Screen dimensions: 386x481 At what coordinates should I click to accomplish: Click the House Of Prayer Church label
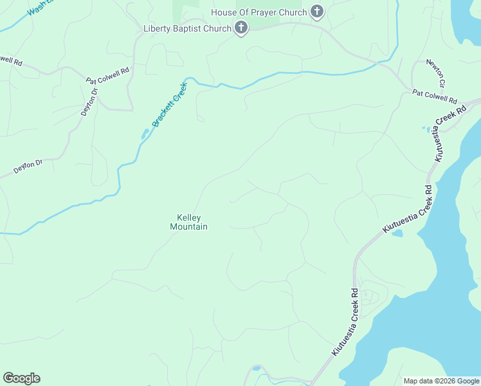point(259,12)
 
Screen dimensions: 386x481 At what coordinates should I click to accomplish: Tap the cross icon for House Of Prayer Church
point(316,12)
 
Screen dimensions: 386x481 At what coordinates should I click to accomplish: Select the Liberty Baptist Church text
point(187,28)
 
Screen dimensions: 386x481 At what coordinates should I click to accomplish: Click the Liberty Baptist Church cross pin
point(241,28)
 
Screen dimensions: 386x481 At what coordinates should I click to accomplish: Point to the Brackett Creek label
point(169,104)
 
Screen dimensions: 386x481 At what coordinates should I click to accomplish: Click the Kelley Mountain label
point(188,222)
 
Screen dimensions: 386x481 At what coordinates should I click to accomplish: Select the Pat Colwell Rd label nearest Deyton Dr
point(107,75)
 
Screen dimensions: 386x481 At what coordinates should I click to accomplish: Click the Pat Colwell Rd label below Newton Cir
point(434,97)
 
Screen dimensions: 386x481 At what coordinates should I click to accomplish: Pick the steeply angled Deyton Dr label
point(89,102)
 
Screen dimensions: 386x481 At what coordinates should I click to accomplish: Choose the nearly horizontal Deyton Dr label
point(28,167)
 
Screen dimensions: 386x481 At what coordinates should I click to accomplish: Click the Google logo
point(21,378)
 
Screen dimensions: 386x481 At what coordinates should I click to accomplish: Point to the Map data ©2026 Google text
point(441,381)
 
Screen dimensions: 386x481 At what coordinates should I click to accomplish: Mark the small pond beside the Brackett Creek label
point(145,134)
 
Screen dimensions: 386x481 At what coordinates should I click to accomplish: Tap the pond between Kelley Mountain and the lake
point(397,233)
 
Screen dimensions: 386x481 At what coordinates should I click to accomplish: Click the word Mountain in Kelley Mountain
point(188,226)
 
